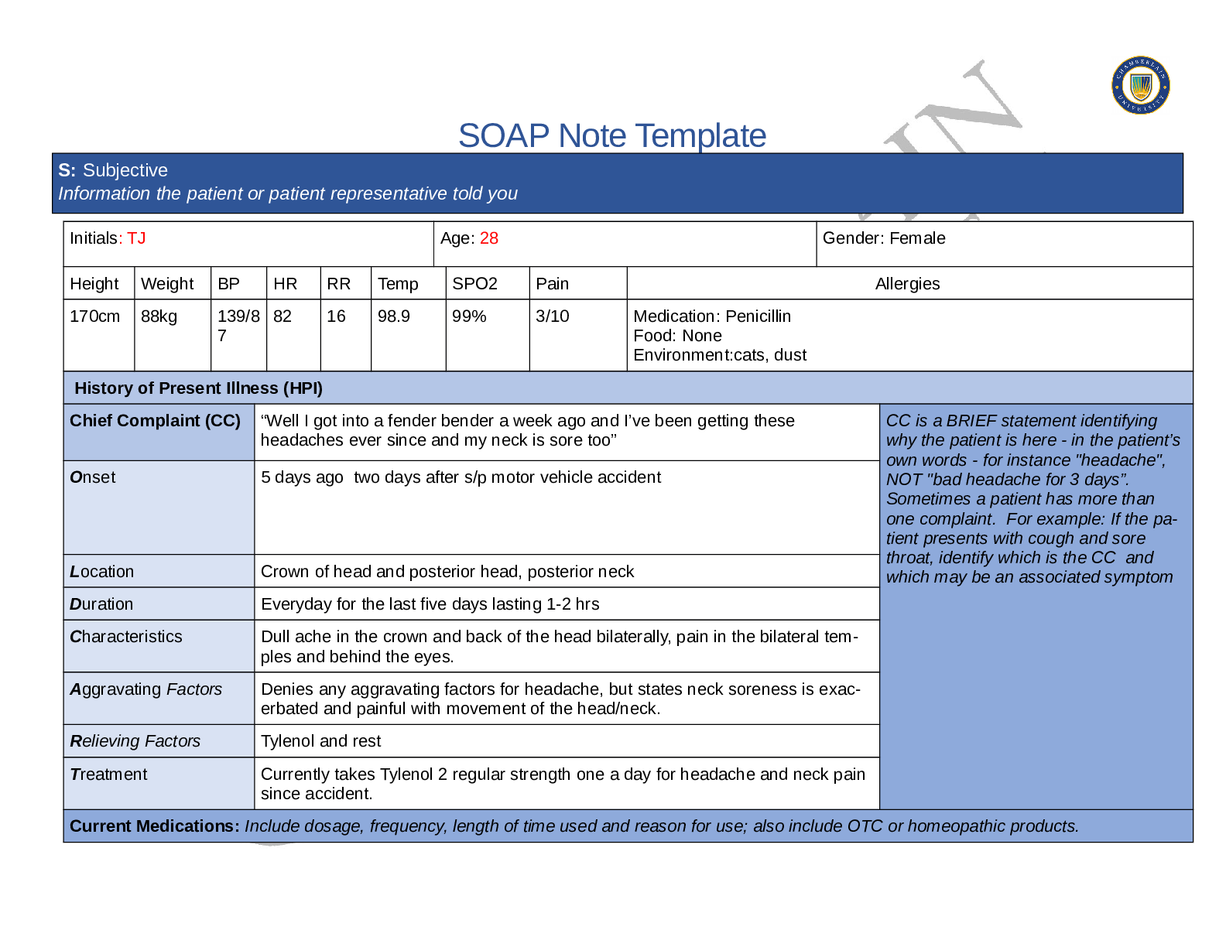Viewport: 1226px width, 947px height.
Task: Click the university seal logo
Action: click(1140, 85)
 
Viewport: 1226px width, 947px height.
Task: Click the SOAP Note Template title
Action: click(611, 136)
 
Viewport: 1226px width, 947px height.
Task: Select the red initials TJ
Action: click(136, 238)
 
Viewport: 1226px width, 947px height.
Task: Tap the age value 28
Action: click(489, 238)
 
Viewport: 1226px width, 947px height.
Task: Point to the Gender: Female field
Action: click(883, 238)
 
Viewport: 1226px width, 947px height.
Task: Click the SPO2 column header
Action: click(474, 284)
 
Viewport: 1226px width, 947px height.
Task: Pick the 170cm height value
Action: click(94, 316)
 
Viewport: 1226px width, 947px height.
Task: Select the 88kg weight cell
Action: click(159, 316)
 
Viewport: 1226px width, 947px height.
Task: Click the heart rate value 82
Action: click(283, 316)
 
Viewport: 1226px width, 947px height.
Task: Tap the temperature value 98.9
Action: click(394, 316)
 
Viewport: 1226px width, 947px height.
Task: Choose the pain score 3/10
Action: click(552, 316)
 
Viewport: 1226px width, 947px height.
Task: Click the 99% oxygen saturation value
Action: click(469, 316)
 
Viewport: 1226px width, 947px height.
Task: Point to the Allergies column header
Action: click(907, 284)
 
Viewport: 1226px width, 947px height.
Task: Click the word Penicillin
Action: click(759, 316)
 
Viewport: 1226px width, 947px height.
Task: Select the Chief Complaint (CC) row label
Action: click(155, 421)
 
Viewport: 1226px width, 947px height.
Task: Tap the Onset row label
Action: click(93, 477)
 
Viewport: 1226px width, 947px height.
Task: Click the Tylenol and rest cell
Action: click(321, 741)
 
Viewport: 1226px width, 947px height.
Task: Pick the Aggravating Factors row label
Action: click(146, 689)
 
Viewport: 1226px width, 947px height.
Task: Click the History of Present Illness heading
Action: click(198, 388)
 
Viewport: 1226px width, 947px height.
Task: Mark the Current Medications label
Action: click(154, 826)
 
